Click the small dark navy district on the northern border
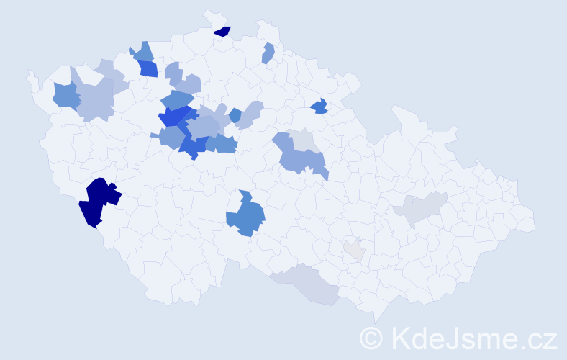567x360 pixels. click(x=223, y=31)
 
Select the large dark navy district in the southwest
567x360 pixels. click(x=98, y=201)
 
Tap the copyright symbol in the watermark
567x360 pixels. click(x=372, y=338)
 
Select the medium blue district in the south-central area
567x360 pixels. click(x=244, y=216)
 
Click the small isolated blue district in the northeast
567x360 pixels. click(x=319, y=107)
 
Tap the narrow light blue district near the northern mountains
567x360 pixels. click(x=268, y=53)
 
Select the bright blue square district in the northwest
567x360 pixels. click(x=149, y=69)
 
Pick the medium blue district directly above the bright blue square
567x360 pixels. click(x=142, y=52)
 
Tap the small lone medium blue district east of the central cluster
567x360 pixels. click(x=235, y=114)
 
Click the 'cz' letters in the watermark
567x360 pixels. click(x=542, y=338)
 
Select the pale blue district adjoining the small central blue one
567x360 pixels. click(x=249, y=114)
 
